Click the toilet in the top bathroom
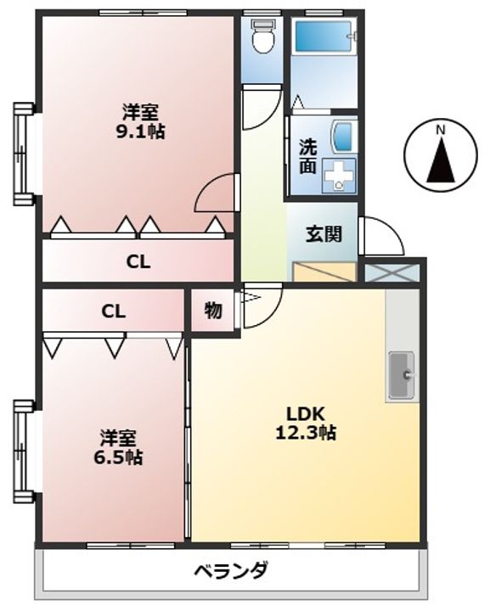pos(263,36)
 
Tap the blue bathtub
pos(324,36)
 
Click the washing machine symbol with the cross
pos(339,176)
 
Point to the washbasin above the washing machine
pos(343,137)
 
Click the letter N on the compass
pos(441,130)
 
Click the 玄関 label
pos(324,234)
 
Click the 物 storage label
pos(213,311)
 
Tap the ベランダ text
pos(231,571)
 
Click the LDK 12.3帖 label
pos(306,423)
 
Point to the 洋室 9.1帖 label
pos(140,121)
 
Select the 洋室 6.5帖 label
pos(118,447)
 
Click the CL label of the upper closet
pos(138,262)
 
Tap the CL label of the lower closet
pos(114,311)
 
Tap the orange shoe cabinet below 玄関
pos(324,272)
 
